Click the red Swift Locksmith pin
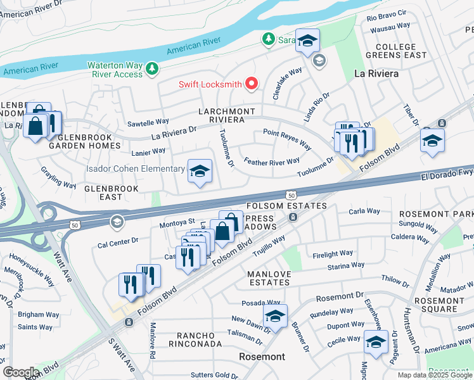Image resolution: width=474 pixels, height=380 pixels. [x=252, y=84]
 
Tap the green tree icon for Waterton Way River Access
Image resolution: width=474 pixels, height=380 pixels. [x=151, y=68]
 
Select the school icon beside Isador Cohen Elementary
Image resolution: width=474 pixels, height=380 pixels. [x=200, y=171]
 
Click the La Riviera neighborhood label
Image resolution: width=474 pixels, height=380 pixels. [x=376, y=73]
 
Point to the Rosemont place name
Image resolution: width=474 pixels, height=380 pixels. [x=262, y=357]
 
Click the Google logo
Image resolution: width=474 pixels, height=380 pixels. [x=21, y=372]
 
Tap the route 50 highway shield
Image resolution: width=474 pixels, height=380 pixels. [x=290, y=196]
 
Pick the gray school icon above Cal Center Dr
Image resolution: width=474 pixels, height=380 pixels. [x=116, y=222]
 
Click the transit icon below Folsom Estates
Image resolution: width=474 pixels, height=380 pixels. [x=293, y=217]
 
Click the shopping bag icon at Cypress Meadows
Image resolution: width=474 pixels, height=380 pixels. [x=222, y=231]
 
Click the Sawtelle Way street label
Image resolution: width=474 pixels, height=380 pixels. [x=148, y=121]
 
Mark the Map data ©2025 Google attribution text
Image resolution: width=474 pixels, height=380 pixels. [x=433, y=375]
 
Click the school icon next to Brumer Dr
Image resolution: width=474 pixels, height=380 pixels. [x=275, y=316]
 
